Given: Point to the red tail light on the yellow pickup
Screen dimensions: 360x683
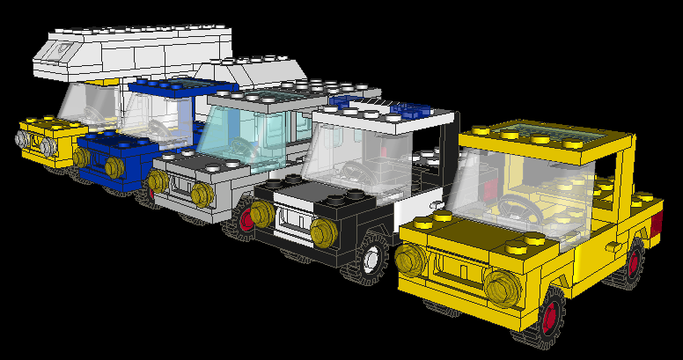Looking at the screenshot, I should coord(656,224).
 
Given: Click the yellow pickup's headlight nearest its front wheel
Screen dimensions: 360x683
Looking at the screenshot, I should coord(501,288).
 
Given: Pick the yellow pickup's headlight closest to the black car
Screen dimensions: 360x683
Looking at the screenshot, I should coord(409,260).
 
